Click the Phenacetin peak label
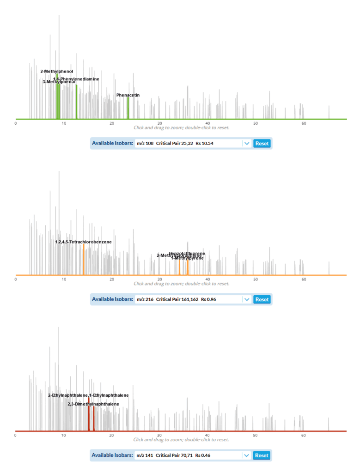pos(128,95)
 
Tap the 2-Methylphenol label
pos(56,72)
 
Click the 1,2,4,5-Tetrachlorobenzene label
pos(83,242)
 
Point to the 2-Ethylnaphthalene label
pos(68,395)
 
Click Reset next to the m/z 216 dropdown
pos(262,299)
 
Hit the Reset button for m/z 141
pos(262,455)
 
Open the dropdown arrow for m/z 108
pos(247,144)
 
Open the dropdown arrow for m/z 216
pos(247,299)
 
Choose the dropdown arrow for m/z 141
pos(247,455)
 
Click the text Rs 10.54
pos(204,144)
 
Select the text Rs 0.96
pos(208,299)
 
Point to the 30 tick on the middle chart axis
pos(159,279)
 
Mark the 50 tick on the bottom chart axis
pos(256,436)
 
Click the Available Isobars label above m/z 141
pos(112,455)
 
